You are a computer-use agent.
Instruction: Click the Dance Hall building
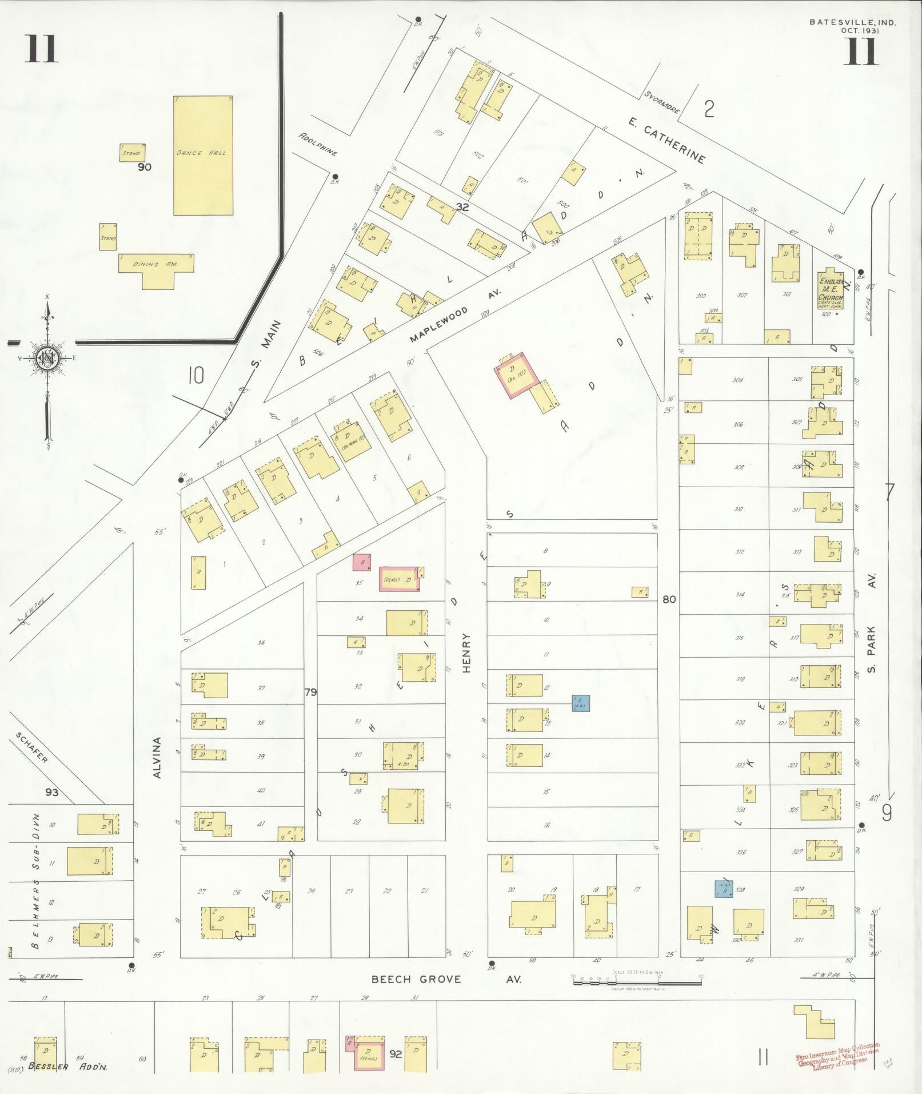coord(203,155)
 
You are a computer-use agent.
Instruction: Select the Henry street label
coord(466,653)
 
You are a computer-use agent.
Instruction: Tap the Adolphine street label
coord(318,145)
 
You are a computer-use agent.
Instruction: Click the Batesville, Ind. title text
coord(852,23)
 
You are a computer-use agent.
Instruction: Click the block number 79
coord(310,693)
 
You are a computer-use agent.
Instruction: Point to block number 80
coord(669,600)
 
